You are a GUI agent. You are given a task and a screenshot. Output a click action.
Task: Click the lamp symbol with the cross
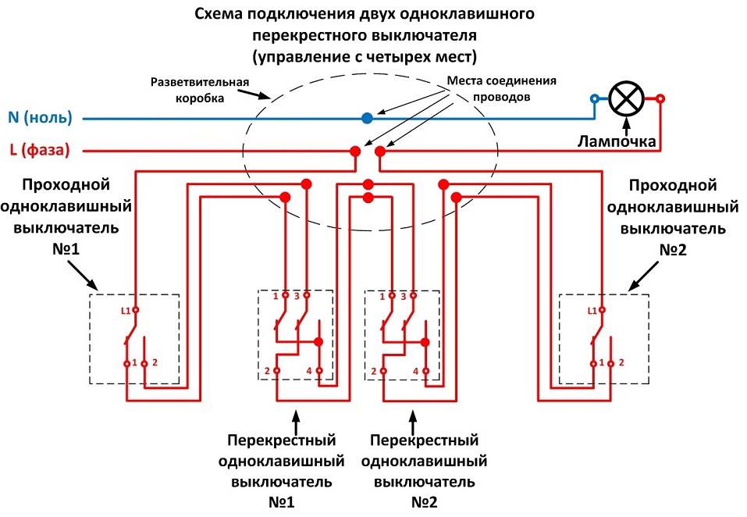point(627,98)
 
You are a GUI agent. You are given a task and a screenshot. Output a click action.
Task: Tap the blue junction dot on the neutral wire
point(367,118)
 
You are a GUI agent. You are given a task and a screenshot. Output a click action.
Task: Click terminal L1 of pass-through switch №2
point(602,310)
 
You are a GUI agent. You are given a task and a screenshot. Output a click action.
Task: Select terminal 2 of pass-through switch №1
point(145,363)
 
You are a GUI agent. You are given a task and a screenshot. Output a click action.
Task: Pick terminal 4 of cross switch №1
point(318,370)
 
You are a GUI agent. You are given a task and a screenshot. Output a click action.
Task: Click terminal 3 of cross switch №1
point(306,296)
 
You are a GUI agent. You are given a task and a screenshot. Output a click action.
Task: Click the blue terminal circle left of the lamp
point(595,99)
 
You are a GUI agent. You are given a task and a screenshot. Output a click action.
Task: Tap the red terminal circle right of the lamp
point(660,99)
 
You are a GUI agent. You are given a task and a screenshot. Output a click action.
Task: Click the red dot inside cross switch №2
point(425,342)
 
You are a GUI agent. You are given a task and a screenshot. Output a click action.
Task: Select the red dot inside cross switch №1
point(318,342)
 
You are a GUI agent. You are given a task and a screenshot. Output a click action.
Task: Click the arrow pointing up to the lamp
point(625,125)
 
